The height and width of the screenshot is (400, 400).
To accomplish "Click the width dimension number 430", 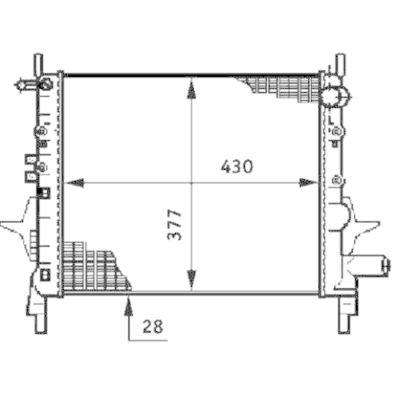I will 238,167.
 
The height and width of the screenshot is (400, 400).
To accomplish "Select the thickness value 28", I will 152,326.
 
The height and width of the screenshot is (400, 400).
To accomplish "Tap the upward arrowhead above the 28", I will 129,303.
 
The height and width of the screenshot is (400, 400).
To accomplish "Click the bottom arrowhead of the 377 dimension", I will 191,281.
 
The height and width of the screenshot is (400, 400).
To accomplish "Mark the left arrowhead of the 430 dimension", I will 74,183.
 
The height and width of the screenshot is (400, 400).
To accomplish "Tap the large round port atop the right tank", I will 335,96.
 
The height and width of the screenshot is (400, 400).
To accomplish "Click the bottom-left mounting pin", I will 40,321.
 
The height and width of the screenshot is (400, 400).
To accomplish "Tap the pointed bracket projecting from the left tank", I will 16,224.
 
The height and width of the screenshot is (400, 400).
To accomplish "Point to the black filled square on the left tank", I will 43,193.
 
